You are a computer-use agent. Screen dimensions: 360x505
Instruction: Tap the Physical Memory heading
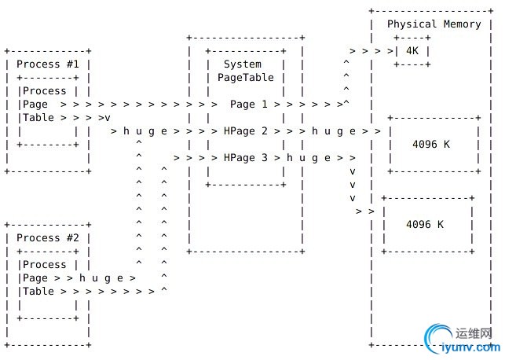coord(434,24)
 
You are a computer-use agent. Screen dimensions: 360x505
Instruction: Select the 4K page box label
coord(412,50)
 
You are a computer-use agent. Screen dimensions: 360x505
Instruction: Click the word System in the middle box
coord(243,64)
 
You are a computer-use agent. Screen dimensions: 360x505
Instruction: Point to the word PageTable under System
coord(246,77)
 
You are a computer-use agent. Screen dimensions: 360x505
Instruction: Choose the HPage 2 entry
coord(245,130)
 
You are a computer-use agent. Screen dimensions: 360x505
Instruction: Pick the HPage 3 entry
coord(245,157)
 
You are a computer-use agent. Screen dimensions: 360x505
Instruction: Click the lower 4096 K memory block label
coord(425,224)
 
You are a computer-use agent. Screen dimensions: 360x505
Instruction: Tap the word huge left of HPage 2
coord(143,130)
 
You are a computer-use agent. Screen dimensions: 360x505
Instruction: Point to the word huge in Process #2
coord(101,277)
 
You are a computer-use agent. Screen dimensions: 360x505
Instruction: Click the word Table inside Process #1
coord(38,117)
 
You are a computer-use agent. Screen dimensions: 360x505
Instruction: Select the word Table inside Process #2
coord(38,291)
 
